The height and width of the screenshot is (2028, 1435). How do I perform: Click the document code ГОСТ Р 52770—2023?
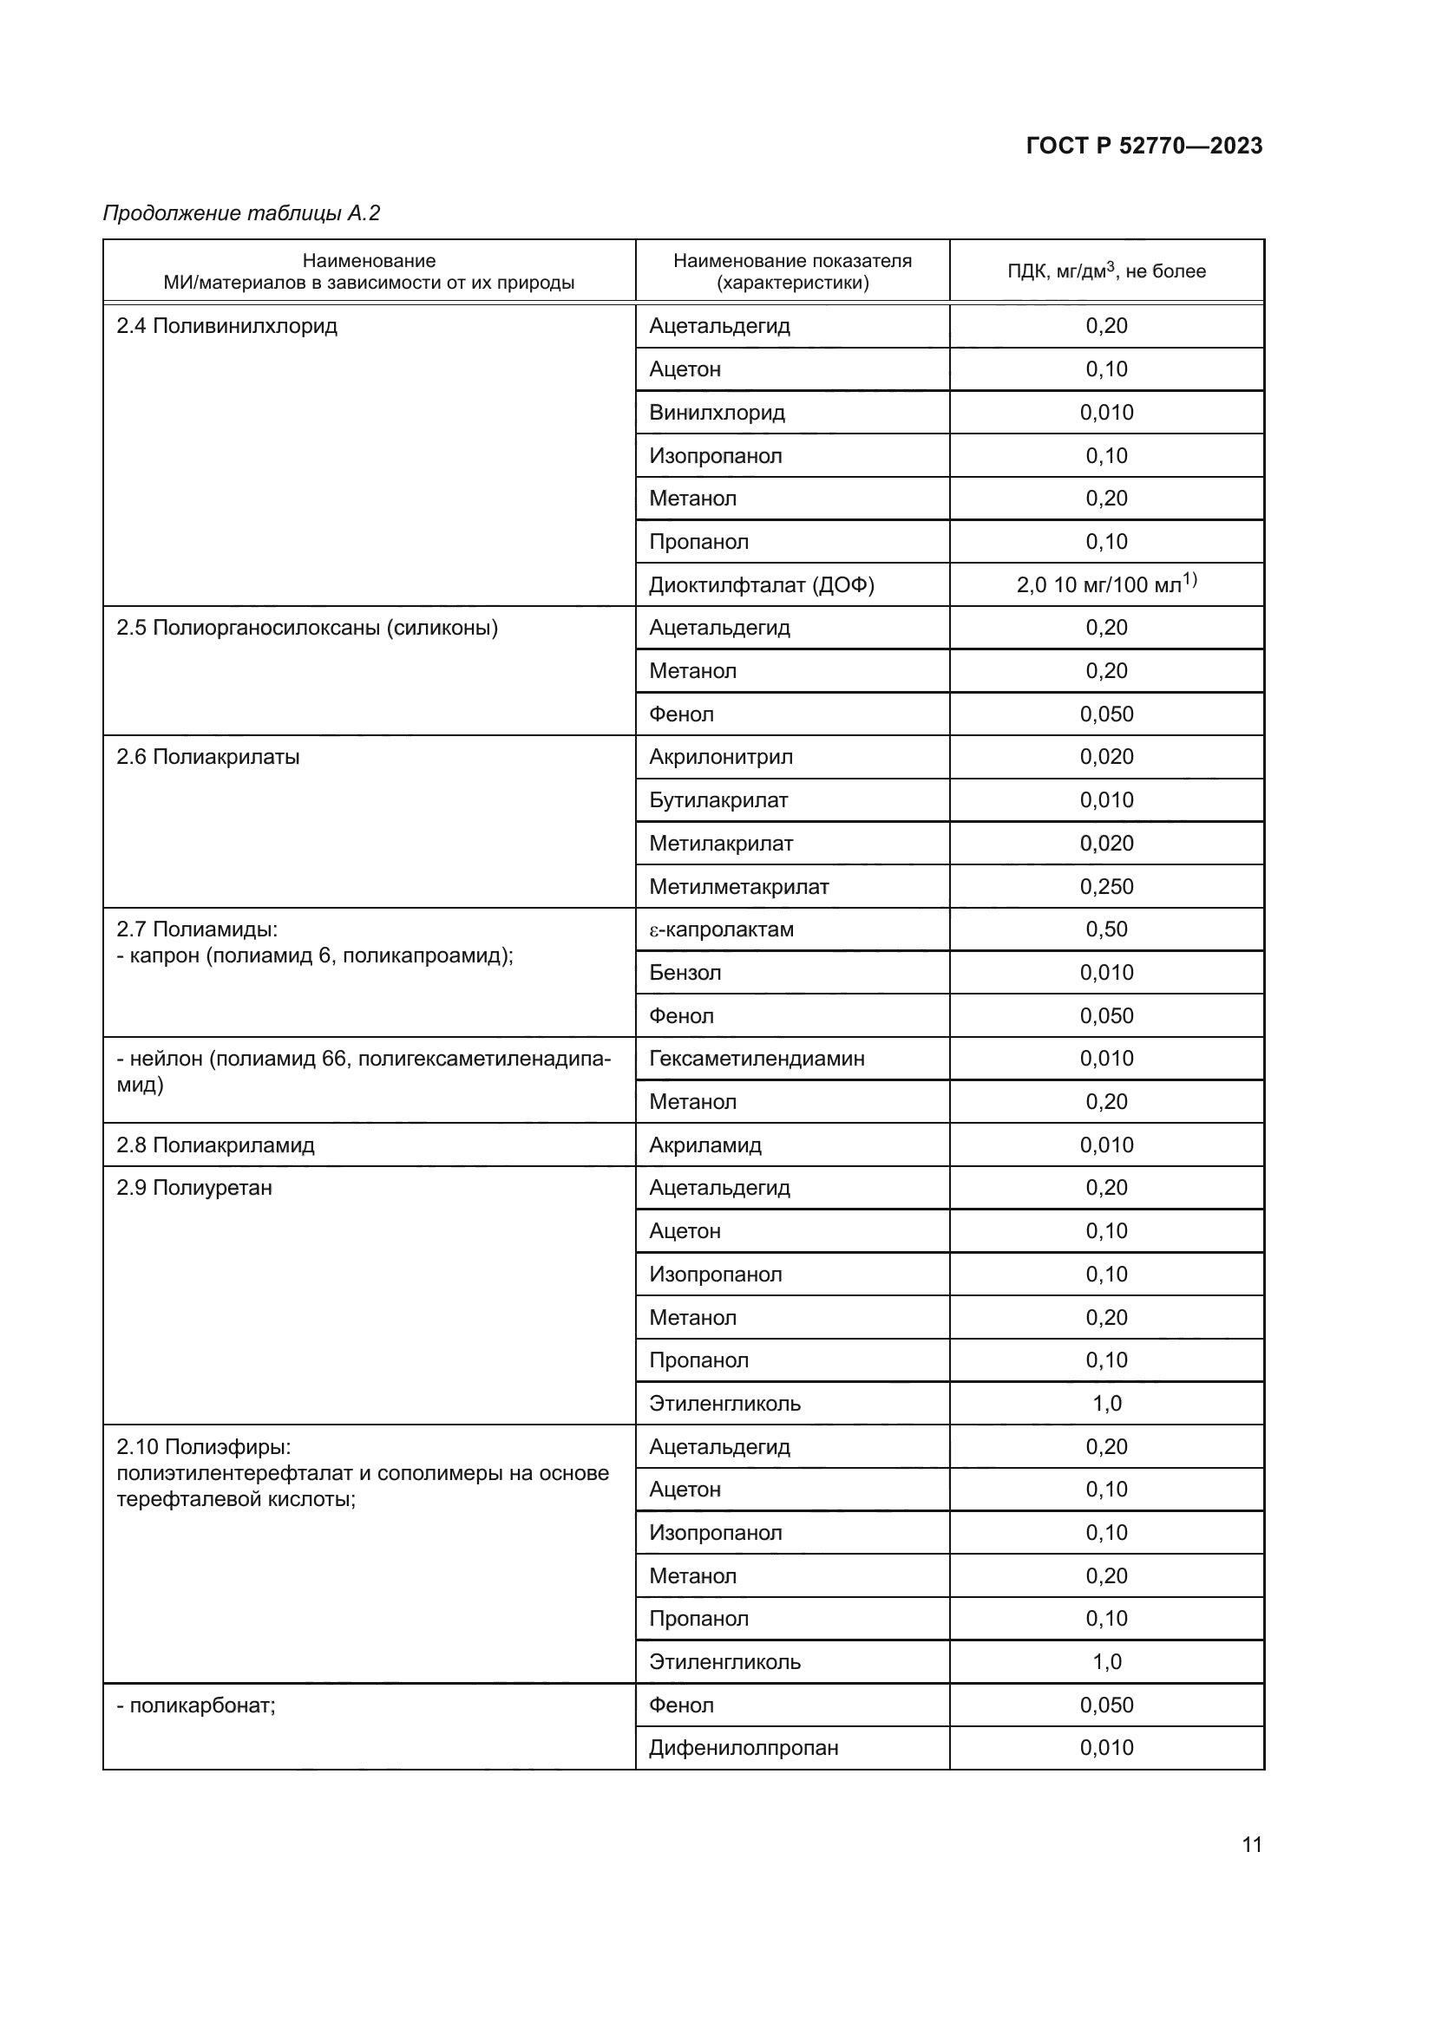pos(1143,146)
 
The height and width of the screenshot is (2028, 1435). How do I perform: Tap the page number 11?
pos(1251,1844)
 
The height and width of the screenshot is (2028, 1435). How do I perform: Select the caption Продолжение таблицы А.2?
pos(241,213)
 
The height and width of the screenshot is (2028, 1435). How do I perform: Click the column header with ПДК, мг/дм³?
pos(1105,271)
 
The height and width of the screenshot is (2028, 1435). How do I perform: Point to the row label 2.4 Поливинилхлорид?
pos(227,326)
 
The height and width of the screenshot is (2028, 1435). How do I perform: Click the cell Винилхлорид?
pos(717,413)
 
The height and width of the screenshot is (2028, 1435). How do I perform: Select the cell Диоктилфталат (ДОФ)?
pos(761,584)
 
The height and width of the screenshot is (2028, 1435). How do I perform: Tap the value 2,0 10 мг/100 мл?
pos(1105,584)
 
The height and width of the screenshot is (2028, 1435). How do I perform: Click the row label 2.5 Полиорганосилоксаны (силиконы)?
pos(306,628)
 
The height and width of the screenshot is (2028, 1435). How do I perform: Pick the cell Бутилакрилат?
pos(717,800)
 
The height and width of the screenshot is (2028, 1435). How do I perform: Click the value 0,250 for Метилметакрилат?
pos(1105,887)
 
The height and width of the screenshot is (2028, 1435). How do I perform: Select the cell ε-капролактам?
pos(721,929)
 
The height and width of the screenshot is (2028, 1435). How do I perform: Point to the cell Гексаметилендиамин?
pos(757,1058)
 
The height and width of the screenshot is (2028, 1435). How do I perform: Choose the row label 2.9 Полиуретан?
pos(194,1188)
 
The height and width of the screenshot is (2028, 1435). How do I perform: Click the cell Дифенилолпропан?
pos(744,1748)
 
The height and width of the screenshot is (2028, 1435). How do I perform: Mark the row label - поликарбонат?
pos(196,1705)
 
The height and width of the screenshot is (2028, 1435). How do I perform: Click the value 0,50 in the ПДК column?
pos(1105,929)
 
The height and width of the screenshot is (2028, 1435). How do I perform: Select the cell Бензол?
pos(685,973)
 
